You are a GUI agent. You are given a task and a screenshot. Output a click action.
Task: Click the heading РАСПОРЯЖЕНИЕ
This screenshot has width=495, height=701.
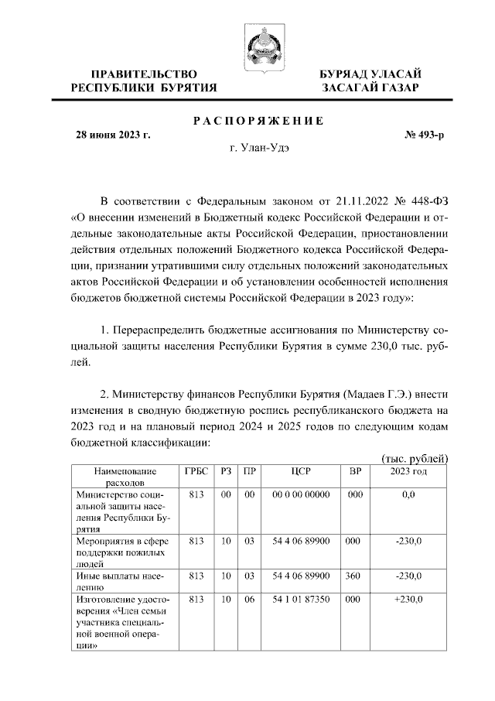coord(257,121)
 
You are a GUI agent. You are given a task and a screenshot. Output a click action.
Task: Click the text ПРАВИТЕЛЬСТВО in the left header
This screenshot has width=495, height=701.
coord(144,74)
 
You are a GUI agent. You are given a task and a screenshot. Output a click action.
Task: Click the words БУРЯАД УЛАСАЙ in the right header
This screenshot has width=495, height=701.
coord(370,74)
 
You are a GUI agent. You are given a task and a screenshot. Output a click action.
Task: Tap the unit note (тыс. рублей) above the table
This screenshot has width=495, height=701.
coord(415,458)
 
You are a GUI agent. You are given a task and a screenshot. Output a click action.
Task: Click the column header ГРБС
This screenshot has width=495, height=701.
coord(196,471)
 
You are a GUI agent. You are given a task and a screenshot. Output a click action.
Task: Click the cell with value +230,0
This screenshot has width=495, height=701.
coord(408,599)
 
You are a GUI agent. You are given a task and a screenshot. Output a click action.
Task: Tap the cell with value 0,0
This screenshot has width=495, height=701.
coord(408,494)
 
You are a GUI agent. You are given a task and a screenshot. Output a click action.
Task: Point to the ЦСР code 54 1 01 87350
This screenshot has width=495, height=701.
coord(301,599)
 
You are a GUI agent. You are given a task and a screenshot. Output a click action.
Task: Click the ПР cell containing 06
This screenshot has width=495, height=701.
coord(249,599)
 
